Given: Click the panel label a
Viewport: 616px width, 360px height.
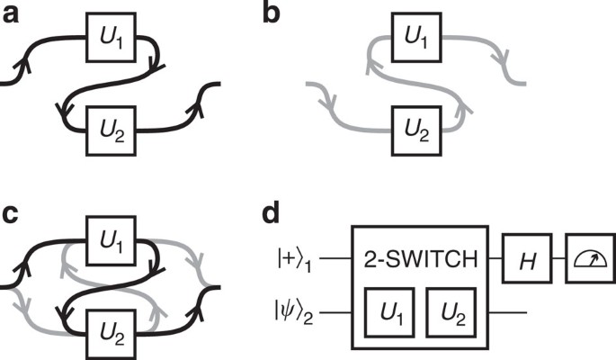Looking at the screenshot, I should [x=12, y=13].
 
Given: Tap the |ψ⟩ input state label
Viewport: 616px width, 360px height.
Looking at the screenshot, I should [x=293, y=315].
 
